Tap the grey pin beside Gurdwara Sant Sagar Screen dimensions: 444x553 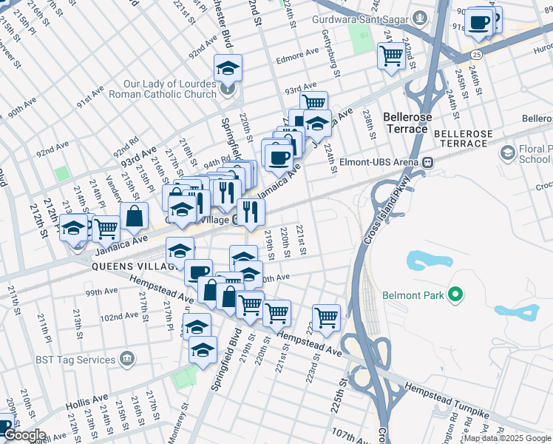tap(420, 16)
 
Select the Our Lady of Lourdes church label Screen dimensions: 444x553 tap(170, 89)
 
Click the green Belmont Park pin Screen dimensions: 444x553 tap(456, 295)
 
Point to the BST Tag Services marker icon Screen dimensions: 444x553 tap(128, 360)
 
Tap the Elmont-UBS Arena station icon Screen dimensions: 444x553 tap(427, 161)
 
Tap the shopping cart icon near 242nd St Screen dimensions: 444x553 tap(391, 55)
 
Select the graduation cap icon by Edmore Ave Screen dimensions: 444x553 tap(228, 68)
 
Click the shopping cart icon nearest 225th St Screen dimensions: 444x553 tap(326, 317)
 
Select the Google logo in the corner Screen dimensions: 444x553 tap(24, 435)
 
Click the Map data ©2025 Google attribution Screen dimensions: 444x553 tap(507, 438)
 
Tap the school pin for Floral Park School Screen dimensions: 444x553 tap(507, 153)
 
